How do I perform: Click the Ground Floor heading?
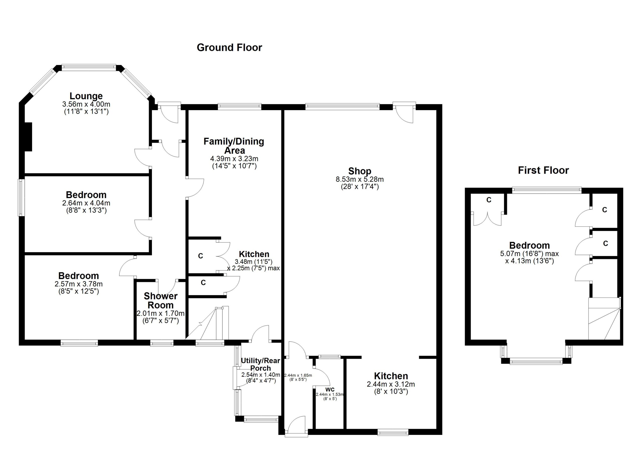pyautogui.click(x=229, y=48)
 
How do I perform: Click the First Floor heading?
pyautogui.click(x=543, y=170)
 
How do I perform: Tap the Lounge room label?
pyautogui.click(x=86, y=96)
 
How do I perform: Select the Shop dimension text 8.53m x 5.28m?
pyautogui.click(x=360, y=179)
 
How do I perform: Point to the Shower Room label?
pyautogui.click(x=160, y=300)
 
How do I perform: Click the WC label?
pyautogui.click(x=330, y=390)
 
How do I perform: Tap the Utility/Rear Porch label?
pyautogui.click(x=260, y=364)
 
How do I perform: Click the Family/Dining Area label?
pyautogui.click(x=234, y=146)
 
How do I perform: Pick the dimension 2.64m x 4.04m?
pyautogui.click(x=86, y=203)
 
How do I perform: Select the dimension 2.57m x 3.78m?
pyautogui.click(x=79, y=284)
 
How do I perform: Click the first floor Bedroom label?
pyautogui.click(x=529, y=245)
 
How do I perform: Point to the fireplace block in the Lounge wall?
pyautogui.click(x=28, y=137)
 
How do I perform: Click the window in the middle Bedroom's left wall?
pyautogui.click(x=21, y=197)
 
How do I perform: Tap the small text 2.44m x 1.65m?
pyautogui.click(x=298, y=375)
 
